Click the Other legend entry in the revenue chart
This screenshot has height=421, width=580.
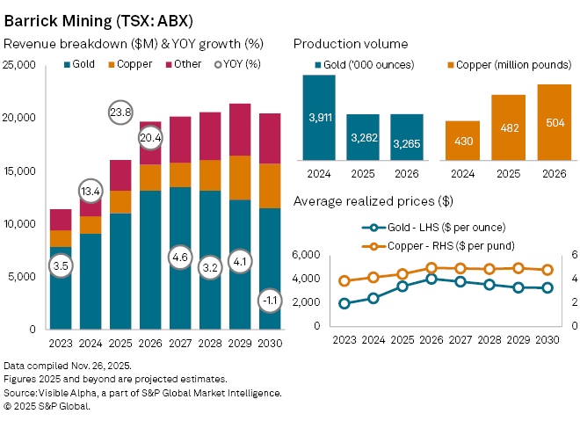point(182,64)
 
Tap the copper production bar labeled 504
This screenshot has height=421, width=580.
point(535,121)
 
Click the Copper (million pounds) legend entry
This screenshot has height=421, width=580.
point(497,65)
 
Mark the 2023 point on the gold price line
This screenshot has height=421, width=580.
point(344,303)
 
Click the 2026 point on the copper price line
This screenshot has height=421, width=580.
point(431,268)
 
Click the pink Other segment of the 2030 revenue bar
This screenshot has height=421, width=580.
point(272,139)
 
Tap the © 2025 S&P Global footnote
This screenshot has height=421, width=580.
point(47,406)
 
